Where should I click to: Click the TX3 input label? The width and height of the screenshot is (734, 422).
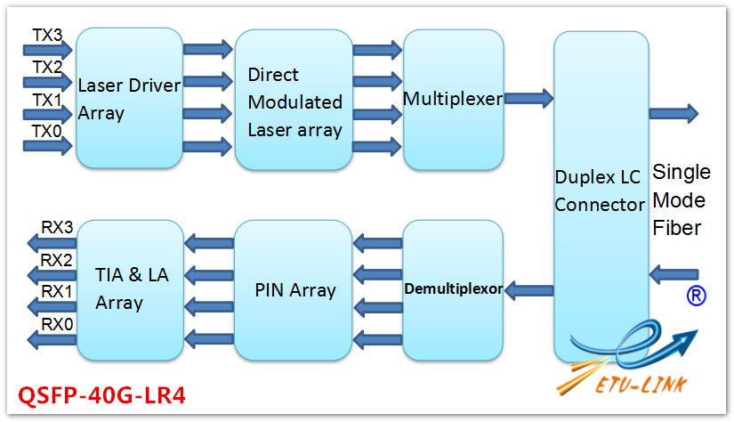coord(47,35)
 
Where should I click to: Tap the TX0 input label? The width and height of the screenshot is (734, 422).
coord(46,131)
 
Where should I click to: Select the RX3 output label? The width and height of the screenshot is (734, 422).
coord(57,227)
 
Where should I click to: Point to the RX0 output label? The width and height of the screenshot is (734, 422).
coord(57,324)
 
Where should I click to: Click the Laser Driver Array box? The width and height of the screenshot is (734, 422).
coord(129,98)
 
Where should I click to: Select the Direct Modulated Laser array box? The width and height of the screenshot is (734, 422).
coord(294,100)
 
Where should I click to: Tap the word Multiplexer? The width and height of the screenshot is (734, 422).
coord(453,99)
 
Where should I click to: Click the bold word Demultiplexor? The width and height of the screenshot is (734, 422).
coord(454,289)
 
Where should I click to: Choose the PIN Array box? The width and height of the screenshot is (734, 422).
coord(293,290)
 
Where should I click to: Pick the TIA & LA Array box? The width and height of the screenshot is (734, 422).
coord(130,290)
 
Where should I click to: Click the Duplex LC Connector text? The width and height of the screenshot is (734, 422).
coord(600,191)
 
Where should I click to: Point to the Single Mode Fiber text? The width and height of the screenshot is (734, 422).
coord(682,200)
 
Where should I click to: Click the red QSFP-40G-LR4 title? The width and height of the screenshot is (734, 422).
coord(101,395)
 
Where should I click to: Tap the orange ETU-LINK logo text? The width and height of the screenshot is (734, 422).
coord(641,385)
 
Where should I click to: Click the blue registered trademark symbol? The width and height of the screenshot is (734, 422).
coord(696,296)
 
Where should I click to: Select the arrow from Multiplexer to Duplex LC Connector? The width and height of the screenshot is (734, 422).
coord(528,98)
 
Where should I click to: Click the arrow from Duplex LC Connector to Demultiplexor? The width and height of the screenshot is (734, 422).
coord(529,290)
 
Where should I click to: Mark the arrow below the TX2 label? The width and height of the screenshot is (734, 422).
coord(48,82)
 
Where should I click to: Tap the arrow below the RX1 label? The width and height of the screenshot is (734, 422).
coord(52,307)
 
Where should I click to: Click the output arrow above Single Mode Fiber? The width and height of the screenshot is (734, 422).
coord(674,113)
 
